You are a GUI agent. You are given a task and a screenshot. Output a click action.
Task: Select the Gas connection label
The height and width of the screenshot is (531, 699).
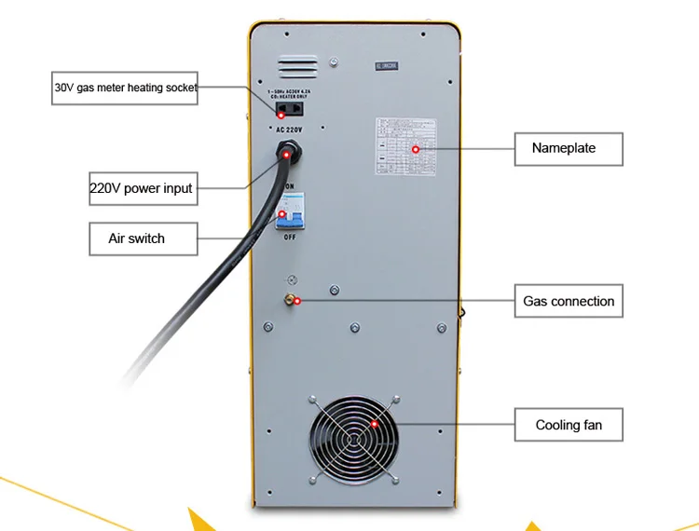point(569,302)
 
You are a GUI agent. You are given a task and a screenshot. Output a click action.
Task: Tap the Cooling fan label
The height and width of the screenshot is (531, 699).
point(569,426)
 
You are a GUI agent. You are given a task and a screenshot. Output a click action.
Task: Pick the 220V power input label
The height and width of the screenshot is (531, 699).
point(141,188)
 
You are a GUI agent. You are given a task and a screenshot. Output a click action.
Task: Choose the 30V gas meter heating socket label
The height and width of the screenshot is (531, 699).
point(124,88)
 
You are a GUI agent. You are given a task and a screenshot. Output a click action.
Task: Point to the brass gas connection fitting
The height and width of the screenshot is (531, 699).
point(291,300)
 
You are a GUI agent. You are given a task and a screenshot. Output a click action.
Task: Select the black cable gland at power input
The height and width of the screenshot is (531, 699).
point(288,150)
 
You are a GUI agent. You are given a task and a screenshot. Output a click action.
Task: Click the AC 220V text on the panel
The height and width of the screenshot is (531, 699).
point(289,129)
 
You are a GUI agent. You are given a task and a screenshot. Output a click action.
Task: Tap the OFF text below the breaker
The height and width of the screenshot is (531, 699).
point(290,238)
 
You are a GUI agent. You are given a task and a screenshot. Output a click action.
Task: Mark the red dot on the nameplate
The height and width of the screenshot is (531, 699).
point(417,149)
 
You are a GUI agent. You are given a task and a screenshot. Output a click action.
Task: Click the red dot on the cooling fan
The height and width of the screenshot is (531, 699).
point(375,425)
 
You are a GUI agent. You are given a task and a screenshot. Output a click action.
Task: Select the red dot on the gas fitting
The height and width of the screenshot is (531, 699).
point(295,301)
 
